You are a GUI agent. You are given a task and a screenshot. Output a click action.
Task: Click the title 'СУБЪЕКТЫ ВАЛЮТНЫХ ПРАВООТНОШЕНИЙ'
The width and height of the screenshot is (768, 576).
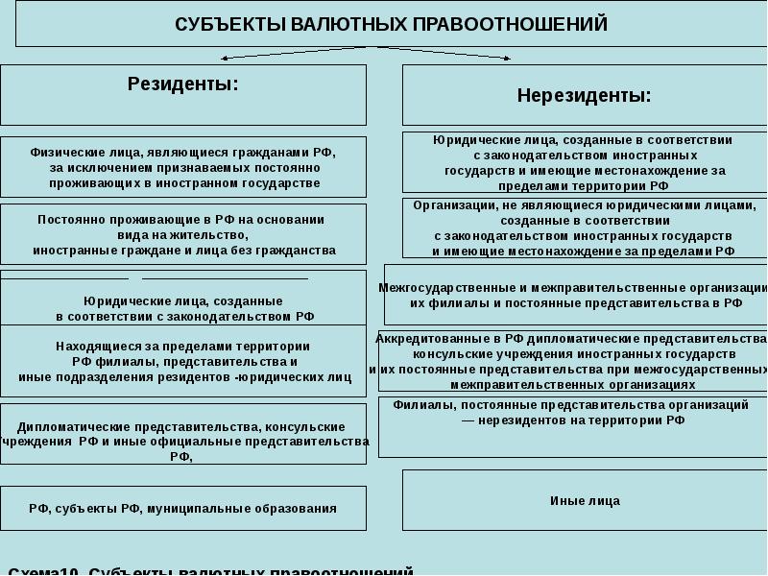[x=391, y=24]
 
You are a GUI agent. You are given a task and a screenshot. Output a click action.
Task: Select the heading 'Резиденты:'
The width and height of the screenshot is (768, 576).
[x=183, y=84]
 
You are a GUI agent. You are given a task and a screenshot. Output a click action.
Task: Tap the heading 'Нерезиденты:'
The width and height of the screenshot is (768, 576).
[x=584, y=96]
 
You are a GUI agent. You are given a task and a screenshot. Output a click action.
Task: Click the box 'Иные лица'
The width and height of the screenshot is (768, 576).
[x=585, y=500]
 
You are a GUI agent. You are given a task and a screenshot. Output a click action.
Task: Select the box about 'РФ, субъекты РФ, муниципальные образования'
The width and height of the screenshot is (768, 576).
[x=182, y=509]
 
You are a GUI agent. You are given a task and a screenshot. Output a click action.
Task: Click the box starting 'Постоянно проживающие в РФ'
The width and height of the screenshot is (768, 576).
[x=182, y=233]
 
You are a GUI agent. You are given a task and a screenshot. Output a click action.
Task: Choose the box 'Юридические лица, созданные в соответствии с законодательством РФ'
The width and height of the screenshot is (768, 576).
[x=182, y=307]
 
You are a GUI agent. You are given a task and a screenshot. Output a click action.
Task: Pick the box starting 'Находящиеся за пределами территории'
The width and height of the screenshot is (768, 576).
[x=182, y=361]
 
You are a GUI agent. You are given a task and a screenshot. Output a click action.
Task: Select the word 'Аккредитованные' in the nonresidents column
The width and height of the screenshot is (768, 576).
[x=423, y=339]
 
